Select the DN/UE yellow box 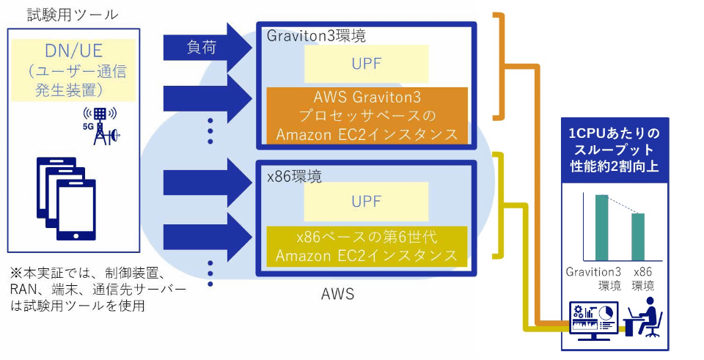[x=74, y=70]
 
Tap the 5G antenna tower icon [x=101, y=126]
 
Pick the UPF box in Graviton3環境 [x=366, y=63]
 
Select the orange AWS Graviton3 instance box [x=366, y=116]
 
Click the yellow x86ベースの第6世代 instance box [x=366, y=246]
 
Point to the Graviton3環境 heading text [x=316, y=35]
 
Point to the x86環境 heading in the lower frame [x=294, y=176]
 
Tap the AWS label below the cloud [x=338, y=295]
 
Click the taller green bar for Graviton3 [x=601, y=227]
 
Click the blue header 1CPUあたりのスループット [x=615, y=150]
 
